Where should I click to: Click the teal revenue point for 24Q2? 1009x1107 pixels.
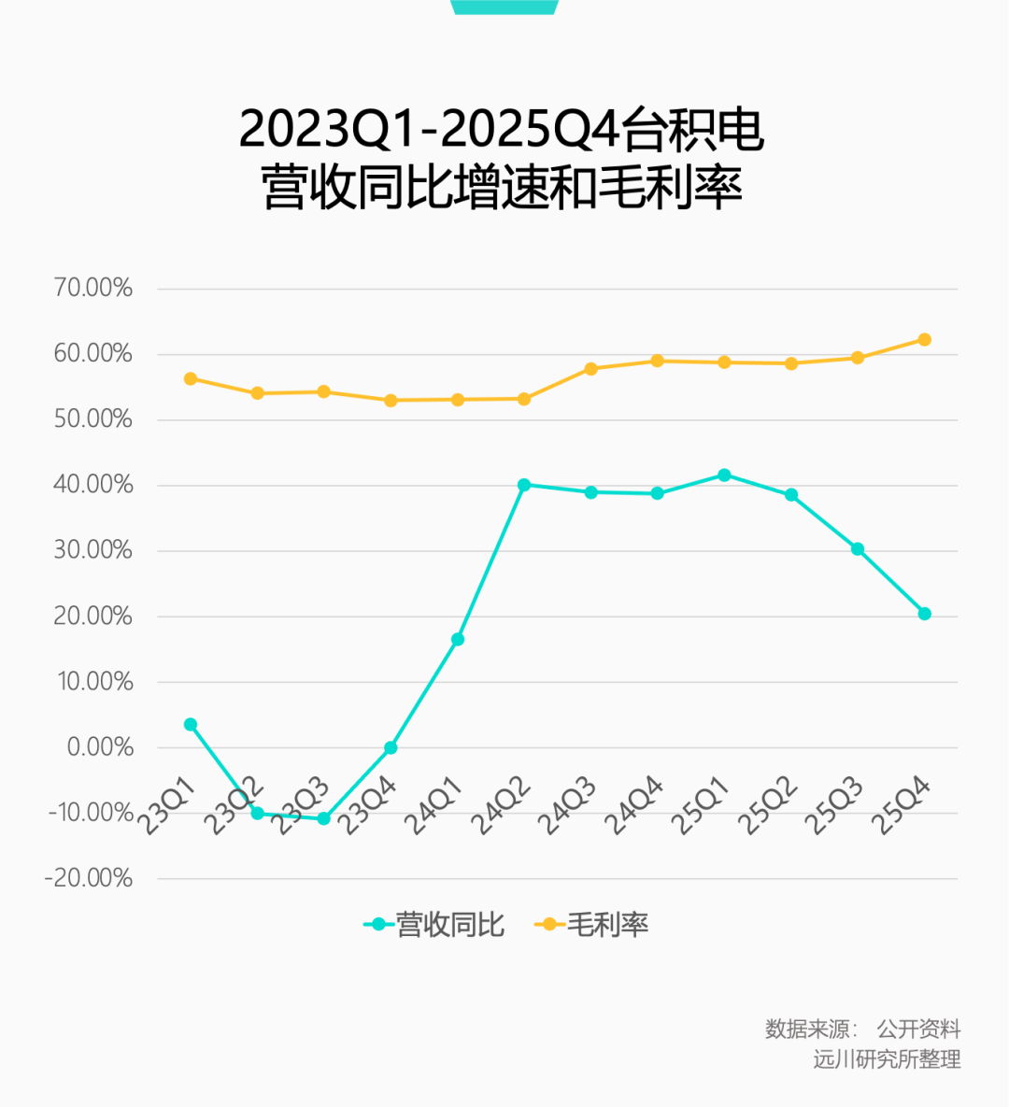pyautogui.click(x=524, y=485)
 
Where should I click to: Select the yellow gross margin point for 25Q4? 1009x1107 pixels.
pyautogui.click(x=925, y=339)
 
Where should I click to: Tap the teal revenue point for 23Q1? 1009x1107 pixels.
pyautogui.click(x=191, y=724)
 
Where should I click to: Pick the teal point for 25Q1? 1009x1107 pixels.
pyautogui.click(x=724, y=475)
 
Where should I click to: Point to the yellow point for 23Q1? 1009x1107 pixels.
pyautogui.click(x=191, y=378)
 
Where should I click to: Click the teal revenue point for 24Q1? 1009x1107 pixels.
pyautogui.click(x=458, y=639)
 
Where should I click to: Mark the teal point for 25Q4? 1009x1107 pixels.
pyautogui.click(x=925, y=614)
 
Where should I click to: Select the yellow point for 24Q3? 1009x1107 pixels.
pyautogui.click(x=591, y=368)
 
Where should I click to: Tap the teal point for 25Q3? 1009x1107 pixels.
pyautogui.click(x=858, y=548)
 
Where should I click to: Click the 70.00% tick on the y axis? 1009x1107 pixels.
pyautogui.click(x=93, y=288)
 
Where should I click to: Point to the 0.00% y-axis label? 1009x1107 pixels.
pyautogui.click(x=100, y=746)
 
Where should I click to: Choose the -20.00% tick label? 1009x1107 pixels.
pyautogui.click(x=89, y=878)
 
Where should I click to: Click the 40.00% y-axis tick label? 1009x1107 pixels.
pyautogui.click(x=93, y=485)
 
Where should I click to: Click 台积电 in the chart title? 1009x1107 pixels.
pyautogui.click(x=693, y=129)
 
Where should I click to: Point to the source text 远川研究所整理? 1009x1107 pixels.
pyautogui.click(x=887, y=1059)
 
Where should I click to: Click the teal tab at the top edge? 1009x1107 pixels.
pyautogui.click(x=504, y=7)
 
